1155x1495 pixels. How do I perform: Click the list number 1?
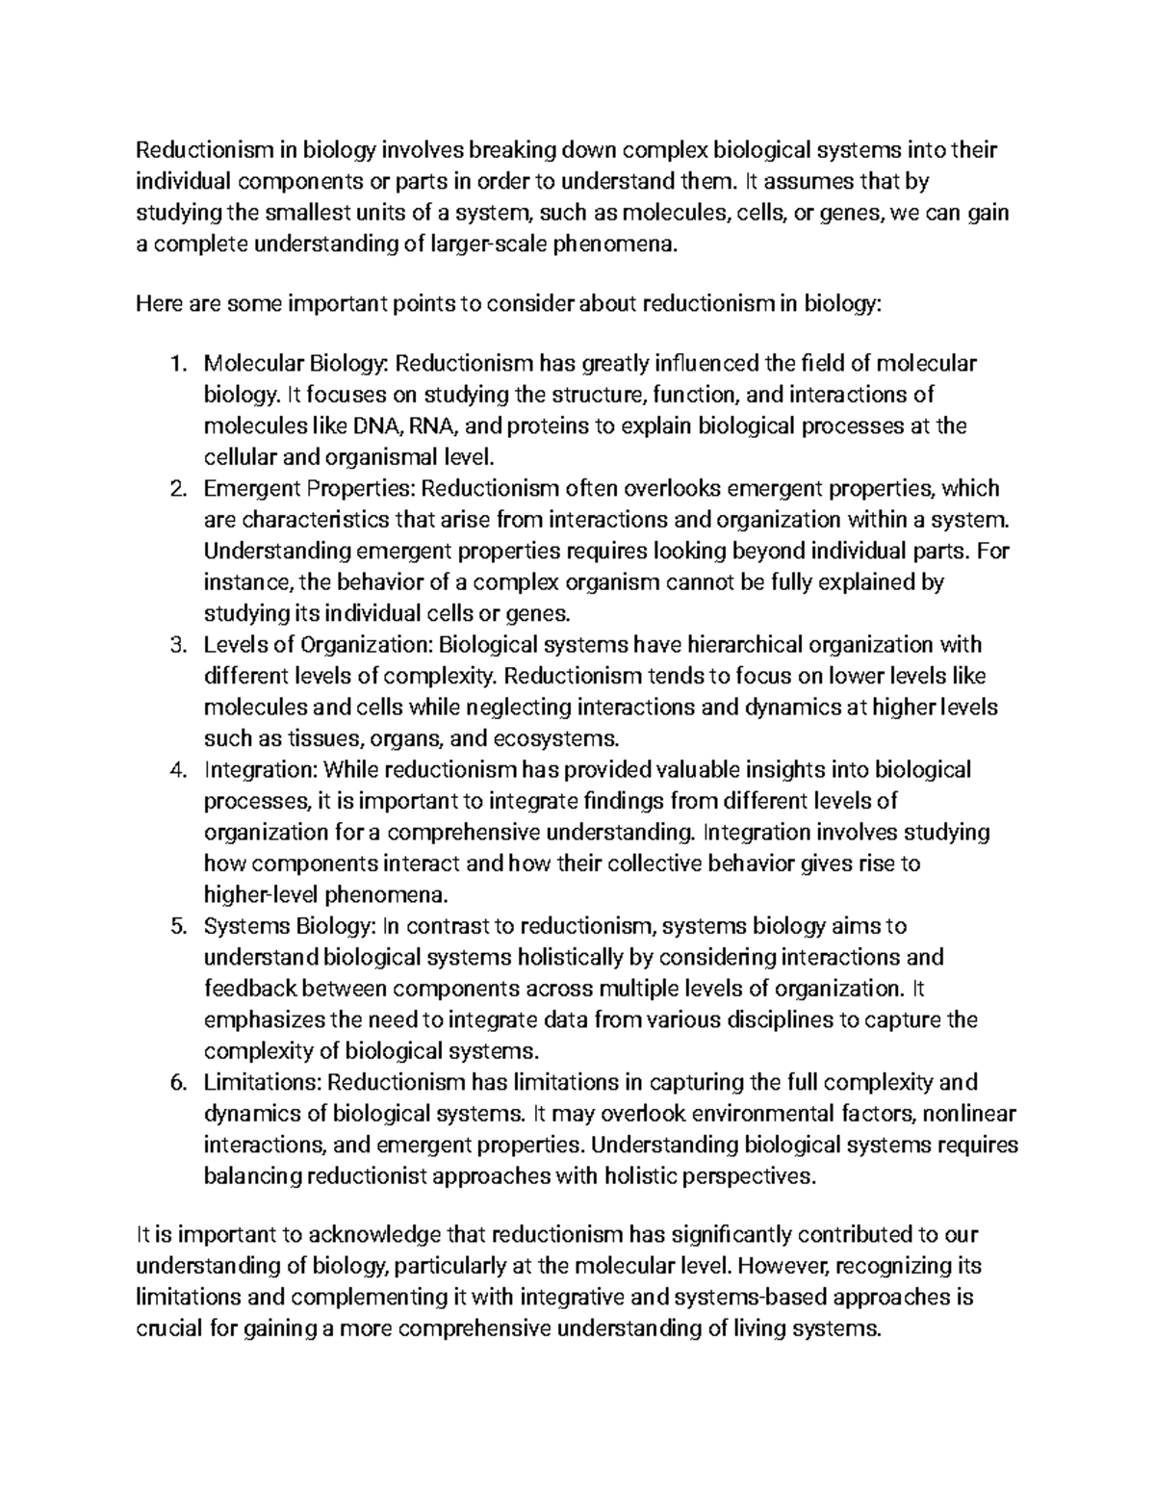175,364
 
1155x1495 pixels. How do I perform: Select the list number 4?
175,770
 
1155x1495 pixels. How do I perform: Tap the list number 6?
175,1083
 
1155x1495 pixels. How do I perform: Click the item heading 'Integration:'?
260,770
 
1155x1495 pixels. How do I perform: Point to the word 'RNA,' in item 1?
436,426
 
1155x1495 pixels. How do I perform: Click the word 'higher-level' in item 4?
262,895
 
